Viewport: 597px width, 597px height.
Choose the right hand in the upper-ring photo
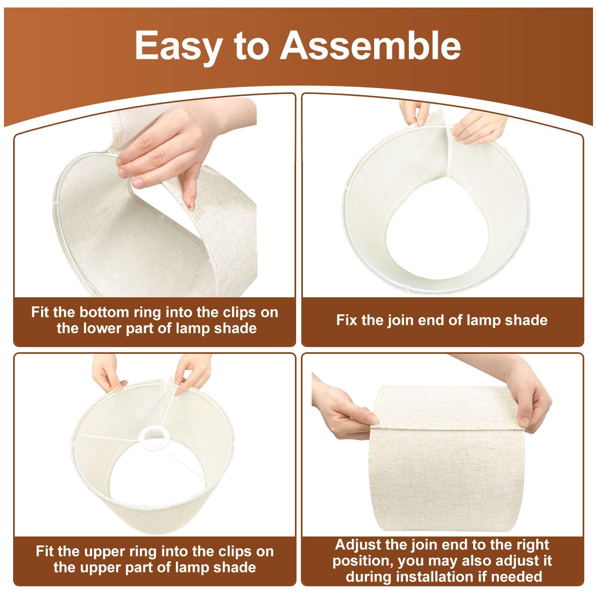click(193, 372)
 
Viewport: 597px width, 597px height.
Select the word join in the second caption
click(398, 320)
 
